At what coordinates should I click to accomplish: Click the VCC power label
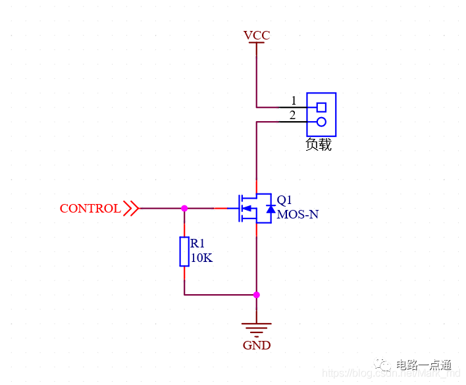[257, 35]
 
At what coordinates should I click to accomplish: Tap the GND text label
[257, 346]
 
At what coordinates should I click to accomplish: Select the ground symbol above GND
[257, 328]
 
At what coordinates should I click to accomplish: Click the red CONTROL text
[90, 209]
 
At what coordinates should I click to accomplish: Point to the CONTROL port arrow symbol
[131, 209]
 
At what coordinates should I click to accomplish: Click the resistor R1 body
[184, 251]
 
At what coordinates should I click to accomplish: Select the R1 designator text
[198, 244]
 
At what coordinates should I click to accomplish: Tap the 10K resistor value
[201, 258]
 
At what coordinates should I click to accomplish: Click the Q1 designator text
[284, 199]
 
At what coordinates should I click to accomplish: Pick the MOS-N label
[298, 215]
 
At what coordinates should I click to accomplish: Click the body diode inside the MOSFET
[270, 209]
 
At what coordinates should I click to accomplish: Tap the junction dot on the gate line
[184, 208]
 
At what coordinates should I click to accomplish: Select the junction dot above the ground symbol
[257, 295]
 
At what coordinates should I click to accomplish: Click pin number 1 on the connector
[294, 101]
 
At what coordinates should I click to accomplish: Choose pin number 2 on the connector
[294, 116]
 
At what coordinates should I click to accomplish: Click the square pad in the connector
[321, 107]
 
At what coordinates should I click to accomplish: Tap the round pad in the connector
[321, 122]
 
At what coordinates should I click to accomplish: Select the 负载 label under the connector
[319, 145]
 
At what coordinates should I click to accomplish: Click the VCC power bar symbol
[257, 43]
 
